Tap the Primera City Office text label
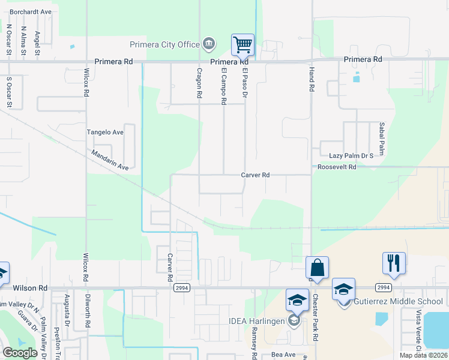(x=165, y=44)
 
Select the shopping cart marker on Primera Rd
(x=243, y=44)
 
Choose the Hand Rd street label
(x=312, y=79)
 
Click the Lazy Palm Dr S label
(x=347, y=155)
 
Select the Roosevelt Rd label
(x=337, y=167)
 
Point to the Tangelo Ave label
(x=105, y=132)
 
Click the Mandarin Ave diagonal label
(x=110, y=159)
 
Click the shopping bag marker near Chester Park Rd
(x=317, y=267)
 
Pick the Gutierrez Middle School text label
(x=399, y=301)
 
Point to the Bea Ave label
(x=283, y=355)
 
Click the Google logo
(x=20, y=353)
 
